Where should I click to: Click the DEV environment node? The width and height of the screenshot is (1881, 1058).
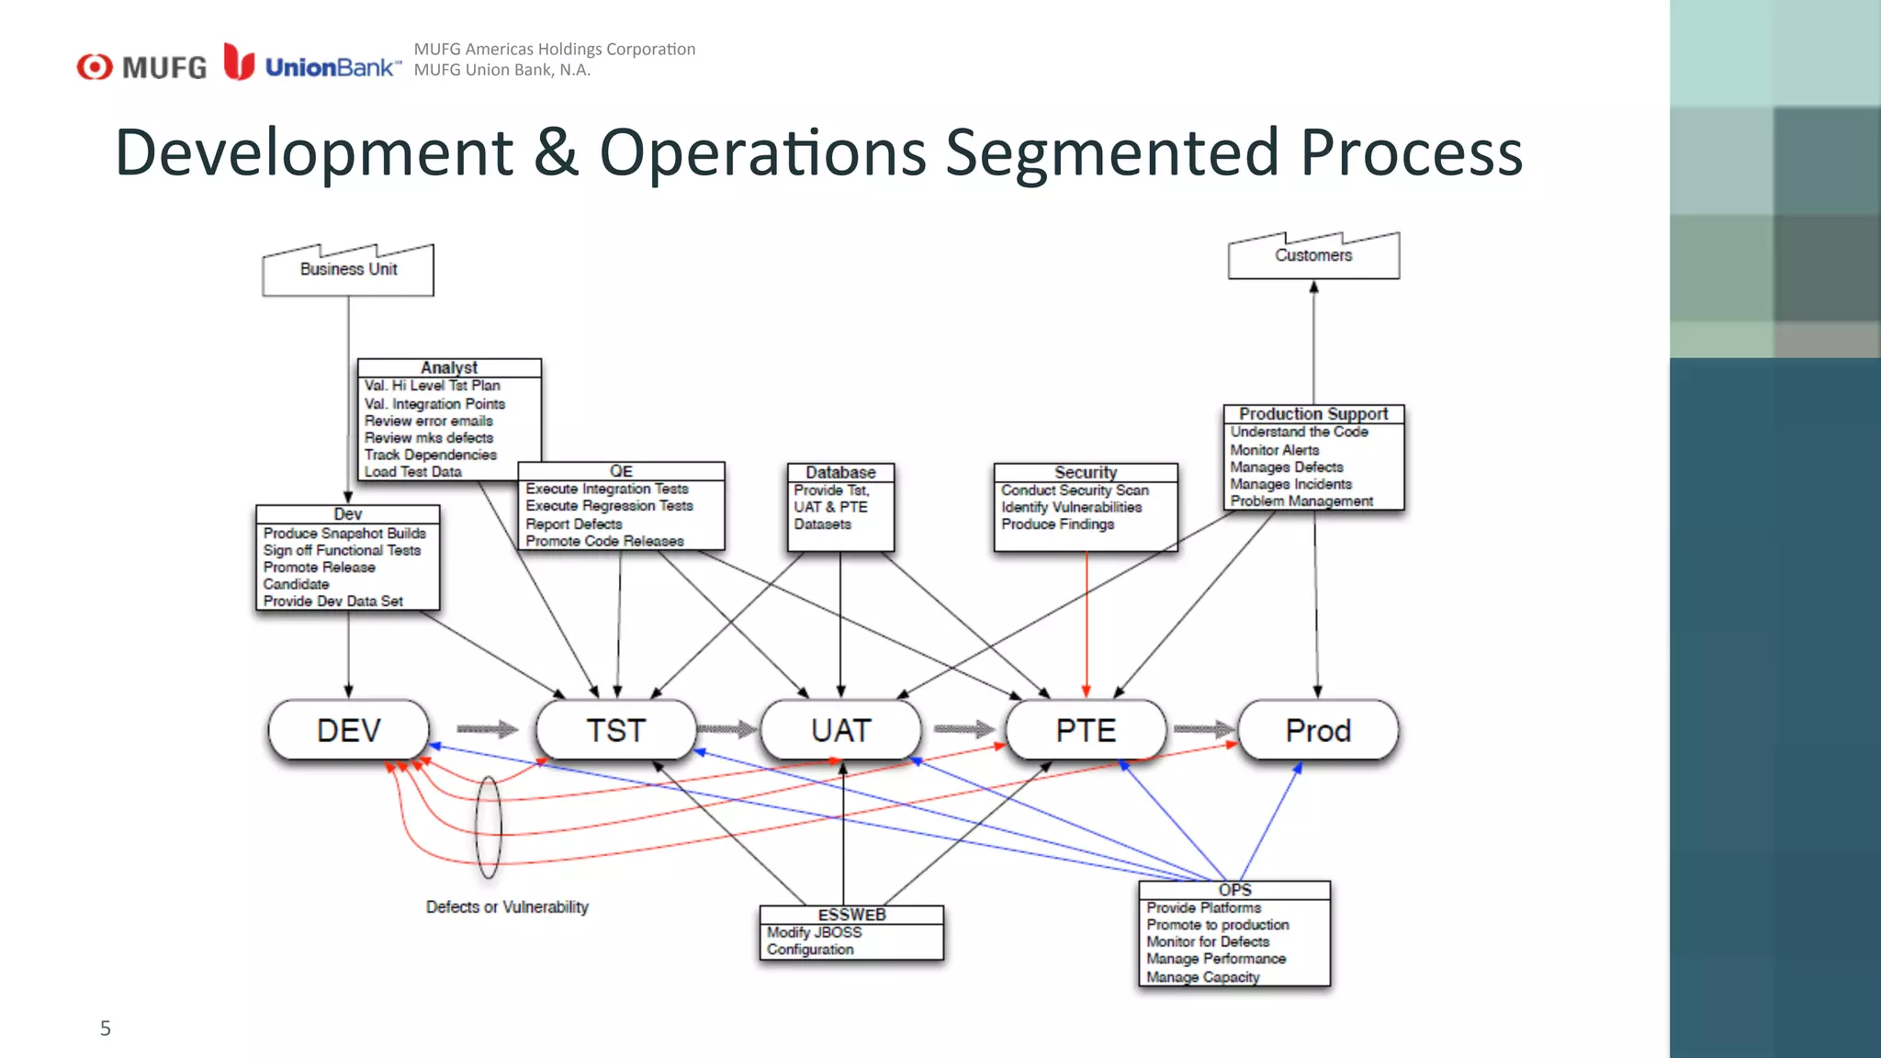349,730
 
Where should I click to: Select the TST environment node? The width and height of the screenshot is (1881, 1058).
616,730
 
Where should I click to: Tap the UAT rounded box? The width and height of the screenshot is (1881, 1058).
840,730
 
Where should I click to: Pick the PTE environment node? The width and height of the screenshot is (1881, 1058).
1086,730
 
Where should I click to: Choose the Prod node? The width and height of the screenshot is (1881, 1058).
1318,730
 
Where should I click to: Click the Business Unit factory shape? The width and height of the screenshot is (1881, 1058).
348,270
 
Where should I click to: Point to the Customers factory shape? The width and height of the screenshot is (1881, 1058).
1313,256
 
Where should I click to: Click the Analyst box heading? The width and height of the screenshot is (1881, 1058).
449,367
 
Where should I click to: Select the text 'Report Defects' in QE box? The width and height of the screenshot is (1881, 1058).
574,523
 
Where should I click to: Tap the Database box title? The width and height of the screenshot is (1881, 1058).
840,472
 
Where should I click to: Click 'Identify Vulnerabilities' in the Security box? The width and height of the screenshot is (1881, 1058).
1072,507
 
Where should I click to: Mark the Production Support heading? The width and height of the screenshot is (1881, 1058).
1313,414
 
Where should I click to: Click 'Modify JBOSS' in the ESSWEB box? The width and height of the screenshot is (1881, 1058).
815,932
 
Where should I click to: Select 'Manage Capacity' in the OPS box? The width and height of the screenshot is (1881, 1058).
1202,977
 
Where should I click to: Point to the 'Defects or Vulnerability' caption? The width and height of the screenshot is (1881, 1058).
507,907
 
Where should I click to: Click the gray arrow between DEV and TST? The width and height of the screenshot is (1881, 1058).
487,729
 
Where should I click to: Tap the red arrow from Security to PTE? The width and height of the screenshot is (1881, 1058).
1087,625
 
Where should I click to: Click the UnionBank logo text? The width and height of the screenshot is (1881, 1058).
332,68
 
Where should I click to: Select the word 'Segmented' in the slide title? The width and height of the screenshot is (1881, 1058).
1112,152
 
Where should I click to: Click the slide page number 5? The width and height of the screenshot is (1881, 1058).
106,1029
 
